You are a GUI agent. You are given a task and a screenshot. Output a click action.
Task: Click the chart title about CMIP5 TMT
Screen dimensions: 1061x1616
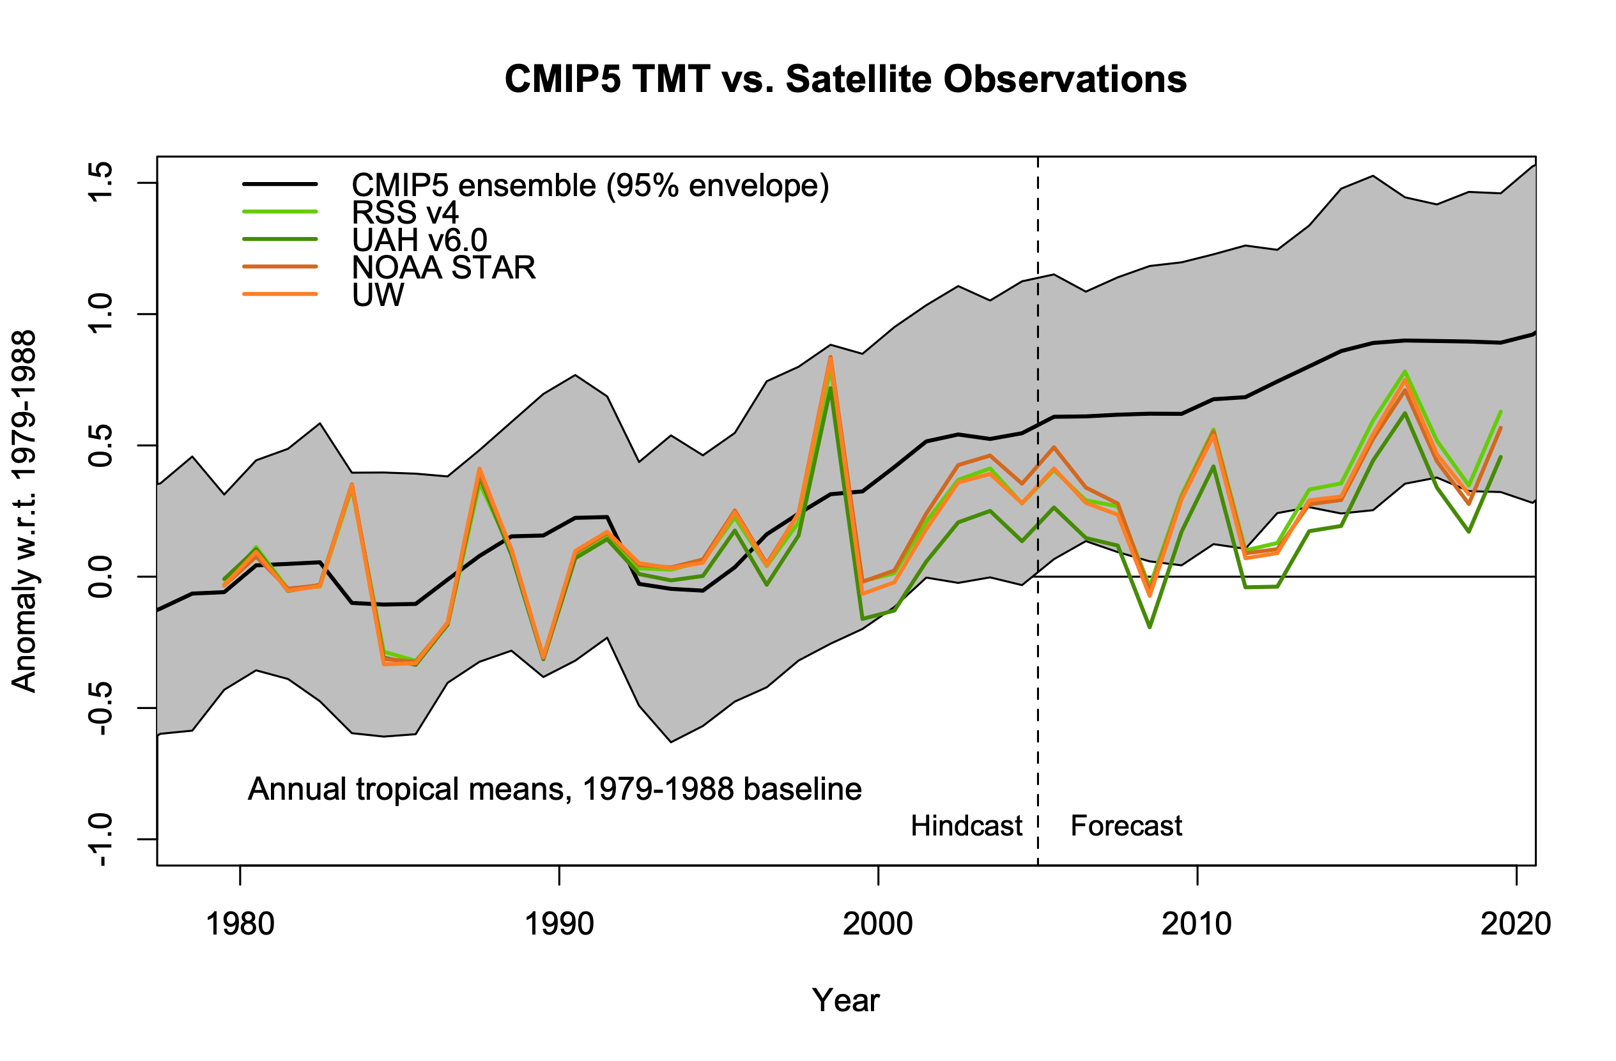[x=845, y=79]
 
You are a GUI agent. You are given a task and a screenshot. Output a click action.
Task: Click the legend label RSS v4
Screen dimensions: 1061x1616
[x=405, y=213]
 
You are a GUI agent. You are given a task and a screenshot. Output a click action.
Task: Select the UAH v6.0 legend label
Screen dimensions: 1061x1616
[x=420, y=240]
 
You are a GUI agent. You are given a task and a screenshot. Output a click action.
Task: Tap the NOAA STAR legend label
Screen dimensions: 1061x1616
[x=443, y=268]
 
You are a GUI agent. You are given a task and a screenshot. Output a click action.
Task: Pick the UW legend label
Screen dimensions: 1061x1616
[x=378, y=294]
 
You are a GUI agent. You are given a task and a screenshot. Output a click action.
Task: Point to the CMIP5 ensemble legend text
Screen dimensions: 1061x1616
[x=590, y=185]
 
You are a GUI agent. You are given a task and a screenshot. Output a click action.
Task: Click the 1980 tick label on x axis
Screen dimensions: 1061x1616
[x=240, y=924]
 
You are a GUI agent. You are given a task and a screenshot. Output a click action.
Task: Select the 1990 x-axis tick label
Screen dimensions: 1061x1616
[x=559, y=924]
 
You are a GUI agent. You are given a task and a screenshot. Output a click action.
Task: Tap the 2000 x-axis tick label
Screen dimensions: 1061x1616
[x=878, y=924]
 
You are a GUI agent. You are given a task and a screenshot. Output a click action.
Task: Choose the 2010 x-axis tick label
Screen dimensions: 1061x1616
[x=1196, y=924]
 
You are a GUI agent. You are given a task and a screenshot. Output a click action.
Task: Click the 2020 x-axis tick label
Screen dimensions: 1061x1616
[x=1516, y=924]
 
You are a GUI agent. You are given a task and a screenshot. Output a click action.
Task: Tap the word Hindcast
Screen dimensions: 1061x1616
[x=966, y=826]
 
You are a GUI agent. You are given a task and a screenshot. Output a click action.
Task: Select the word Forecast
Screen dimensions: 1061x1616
[x=1127, y=826]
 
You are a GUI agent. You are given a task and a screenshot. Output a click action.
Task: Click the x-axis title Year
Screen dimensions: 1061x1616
[x=845, y=1000]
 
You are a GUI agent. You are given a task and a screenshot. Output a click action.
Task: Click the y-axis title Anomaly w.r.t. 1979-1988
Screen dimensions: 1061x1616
[x=24, y=511]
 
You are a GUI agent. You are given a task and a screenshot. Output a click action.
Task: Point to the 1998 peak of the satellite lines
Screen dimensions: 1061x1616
[x=831, y=358]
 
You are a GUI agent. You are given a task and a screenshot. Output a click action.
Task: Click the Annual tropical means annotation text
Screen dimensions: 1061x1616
[x=555, y=789]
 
